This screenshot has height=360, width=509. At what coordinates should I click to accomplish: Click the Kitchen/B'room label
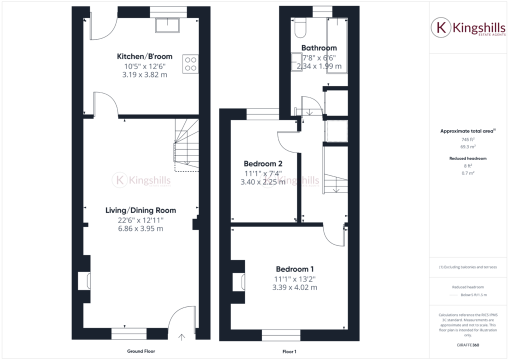point(144,56)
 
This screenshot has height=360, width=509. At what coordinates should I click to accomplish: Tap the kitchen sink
point(167,25)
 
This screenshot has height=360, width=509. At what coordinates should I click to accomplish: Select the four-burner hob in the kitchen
point(190,64)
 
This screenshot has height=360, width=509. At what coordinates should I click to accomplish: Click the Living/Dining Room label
point(140,210)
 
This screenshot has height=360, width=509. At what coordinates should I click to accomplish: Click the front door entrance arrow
point(181,337)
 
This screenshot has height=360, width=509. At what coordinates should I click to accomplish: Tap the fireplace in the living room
point(85,280)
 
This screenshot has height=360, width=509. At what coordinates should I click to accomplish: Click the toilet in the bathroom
point(300,28)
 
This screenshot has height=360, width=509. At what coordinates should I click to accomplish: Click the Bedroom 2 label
point(263,163)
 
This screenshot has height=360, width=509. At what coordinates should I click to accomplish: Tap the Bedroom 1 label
point(294,269)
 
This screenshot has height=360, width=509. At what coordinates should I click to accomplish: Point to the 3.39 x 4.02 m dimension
point(294,287)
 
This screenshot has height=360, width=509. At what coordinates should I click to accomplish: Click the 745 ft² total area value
point(467,139)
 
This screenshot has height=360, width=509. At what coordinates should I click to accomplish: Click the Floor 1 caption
point(289,351)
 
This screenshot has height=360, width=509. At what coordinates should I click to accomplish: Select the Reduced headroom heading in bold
point(468,158)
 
